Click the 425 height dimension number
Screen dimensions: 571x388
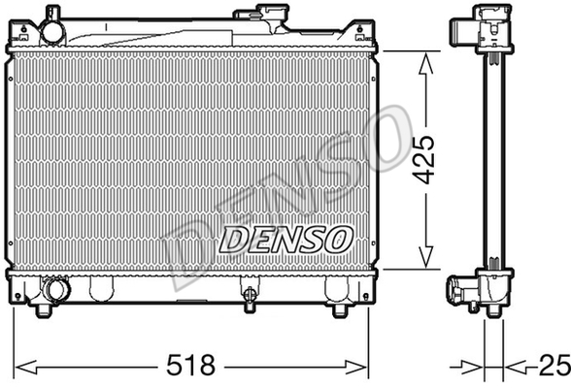point(424,160)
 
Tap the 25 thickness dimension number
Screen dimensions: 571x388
point(555,365)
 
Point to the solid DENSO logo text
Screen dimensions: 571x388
point(285,240)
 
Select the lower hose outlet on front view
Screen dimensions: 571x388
point(55,289)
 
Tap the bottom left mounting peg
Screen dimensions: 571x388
point(44,310)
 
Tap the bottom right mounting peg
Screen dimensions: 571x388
point(340,310)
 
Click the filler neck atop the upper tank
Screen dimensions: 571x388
point(259,13)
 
